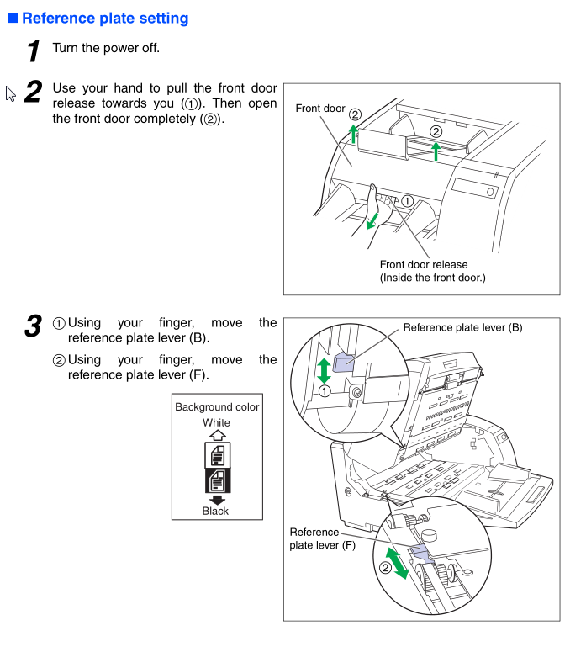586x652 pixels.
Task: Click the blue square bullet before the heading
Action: pos(13,18)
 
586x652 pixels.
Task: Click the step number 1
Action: pos(34,50)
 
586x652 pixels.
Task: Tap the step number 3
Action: pos(33,326)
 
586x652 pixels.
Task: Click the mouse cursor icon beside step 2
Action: pos(11,93)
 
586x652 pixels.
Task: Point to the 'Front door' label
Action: pos(319,109)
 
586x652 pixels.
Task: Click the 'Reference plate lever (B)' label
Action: pos(462,327)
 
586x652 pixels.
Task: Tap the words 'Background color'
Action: pos(217,407)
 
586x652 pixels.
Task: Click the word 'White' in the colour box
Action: pos(216,422)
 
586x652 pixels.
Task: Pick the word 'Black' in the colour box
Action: pos(215,511)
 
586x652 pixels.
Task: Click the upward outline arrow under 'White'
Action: pos(216,435)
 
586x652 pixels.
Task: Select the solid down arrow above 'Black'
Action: pos(216,499)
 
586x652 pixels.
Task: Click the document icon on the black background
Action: pos(216,480)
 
